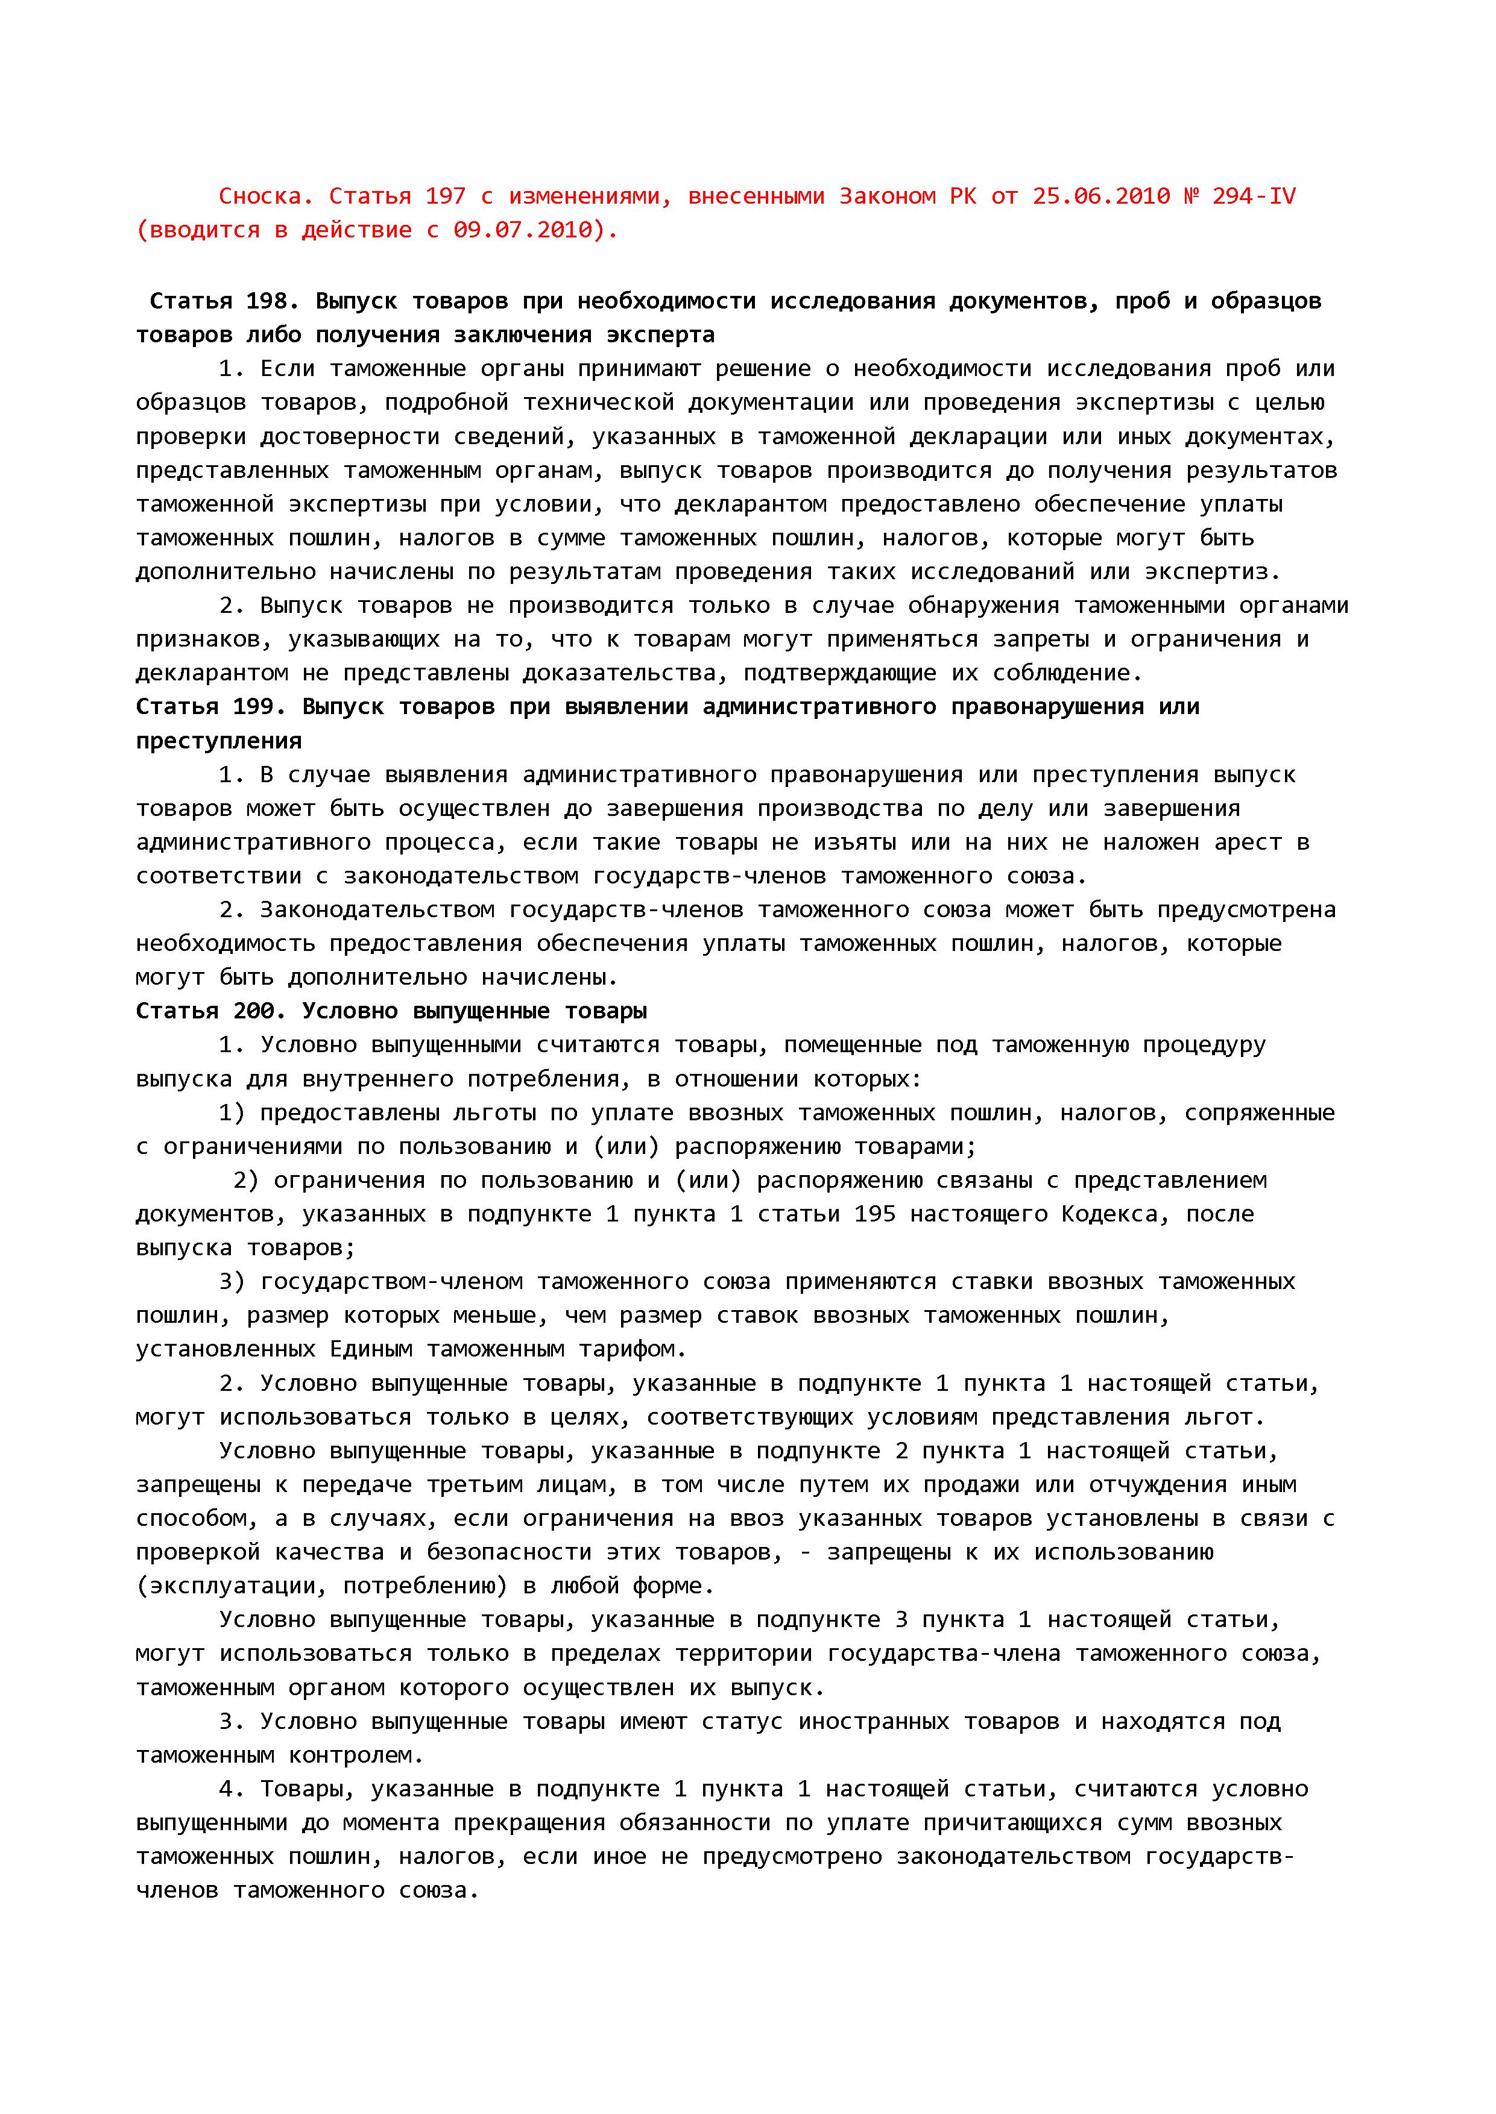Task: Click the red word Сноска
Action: pyautogui.click(x=260, y=196)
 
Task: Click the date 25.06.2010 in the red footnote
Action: pyautogui.click(x=1101, y=196)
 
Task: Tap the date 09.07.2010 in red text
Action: pyautogui.click(x=535, y=230)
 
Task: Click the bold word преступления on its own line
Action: pyautogui.click(x=219, y=741)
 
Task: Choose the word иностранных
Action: pyautogui.click(x=873, y=1722)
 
